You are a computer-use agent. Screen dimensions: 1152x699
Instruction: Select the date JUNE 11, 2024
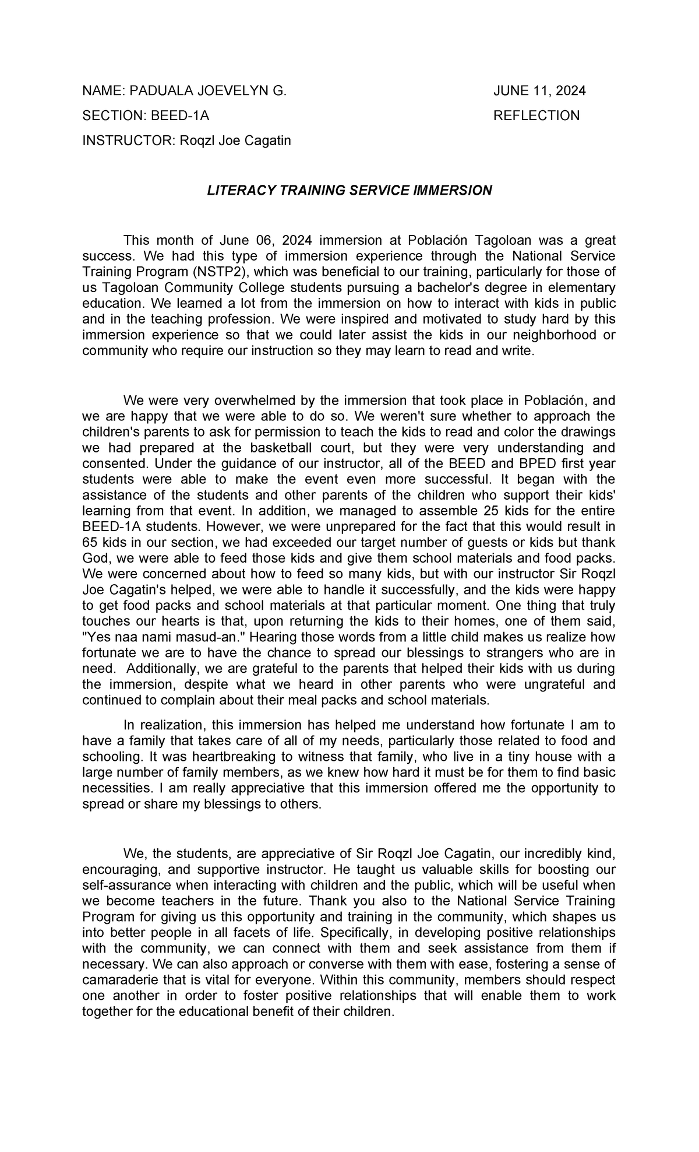pyautogui.click(x=539, y=91)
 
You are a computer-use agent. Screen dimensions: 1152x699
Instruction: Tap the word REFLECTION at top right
pyautogui.click(x=536, y=115)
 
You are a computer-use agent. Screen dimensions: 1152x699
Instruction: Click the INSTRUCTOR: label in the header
pyautogui.click(x=123, y=141)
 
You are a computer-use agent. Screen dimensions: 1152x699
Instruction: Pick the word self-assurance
pyautogui.click(x=121, y=885)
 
